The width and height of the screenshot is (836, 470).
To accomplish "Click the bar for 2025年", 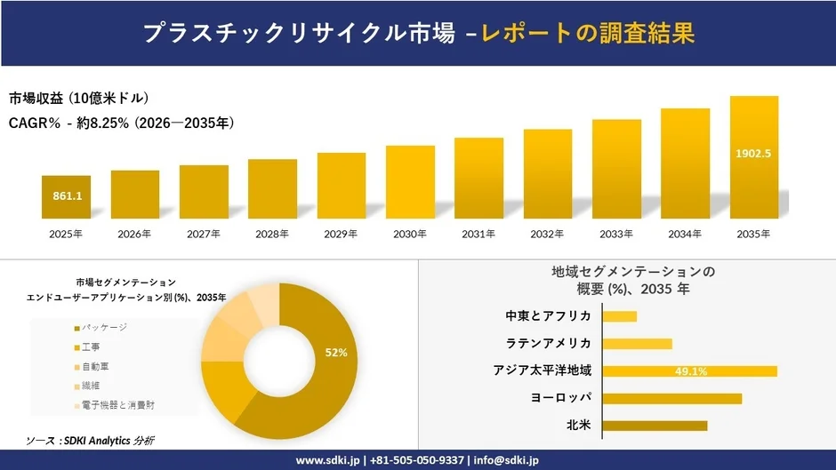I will tap(66, 196).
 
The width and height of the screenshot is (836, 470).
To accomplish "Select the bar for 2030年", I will tap(410, 182).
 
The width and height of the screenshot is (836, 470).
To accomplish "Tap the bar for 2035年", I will tap(753, 157).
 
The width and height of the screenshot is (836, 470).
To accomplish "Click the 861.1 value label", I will tap(66, 195).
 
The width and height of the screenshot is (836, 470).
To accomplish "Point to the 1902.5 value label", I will tap(753, 153).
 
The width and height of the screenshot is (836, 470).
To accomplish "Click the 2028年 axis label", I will tap(272, 234).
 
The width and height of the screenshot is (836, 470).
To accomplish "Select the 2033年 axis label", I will tap(616, 234).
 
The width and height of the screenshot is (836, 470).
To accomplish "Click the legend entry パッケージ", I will tap(104, 328).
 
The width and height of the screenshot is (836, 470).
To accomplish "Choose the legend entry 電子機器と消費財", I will tap(119, 404).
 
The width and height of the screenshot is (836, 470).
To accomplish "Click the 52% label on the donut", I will tap(336, 353).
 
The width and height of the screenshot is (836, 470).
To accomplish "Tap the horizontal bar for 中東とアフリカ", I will tap(620, 316).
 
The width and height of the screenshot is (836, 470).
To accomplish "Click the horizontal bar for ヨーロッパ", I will tap(672, 398).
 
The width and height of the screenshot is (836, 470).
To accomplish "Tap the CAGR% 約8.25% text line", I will tap(121, 123).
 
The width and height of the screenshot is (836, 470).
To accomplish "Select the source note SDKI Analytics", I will tap(92, 440).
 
